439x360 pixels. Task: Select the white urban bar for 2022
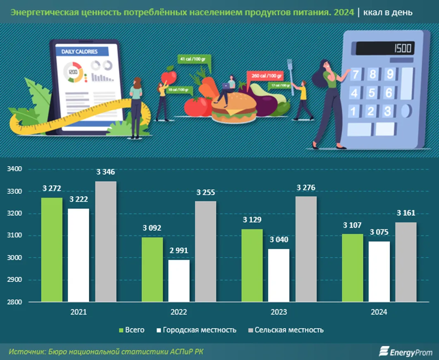point(179,281)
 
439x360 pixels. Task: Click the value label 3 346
point(105,172)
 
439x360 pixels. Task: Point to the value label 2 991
point(179,252)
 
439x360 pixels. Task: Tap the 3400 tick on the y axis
point(15,169)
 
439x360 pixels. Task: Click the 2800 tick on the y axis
point(15,302)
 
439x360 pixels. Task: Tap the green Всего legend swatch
point(121,330)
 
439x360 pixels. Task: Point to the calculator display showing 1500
point(384,49)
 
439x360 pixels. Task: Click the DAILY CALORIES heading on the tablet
point(80,52)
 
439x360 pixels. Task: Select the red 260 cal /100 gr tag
point(265,76)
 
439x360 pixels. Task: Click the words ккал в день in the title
point(387,12)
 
